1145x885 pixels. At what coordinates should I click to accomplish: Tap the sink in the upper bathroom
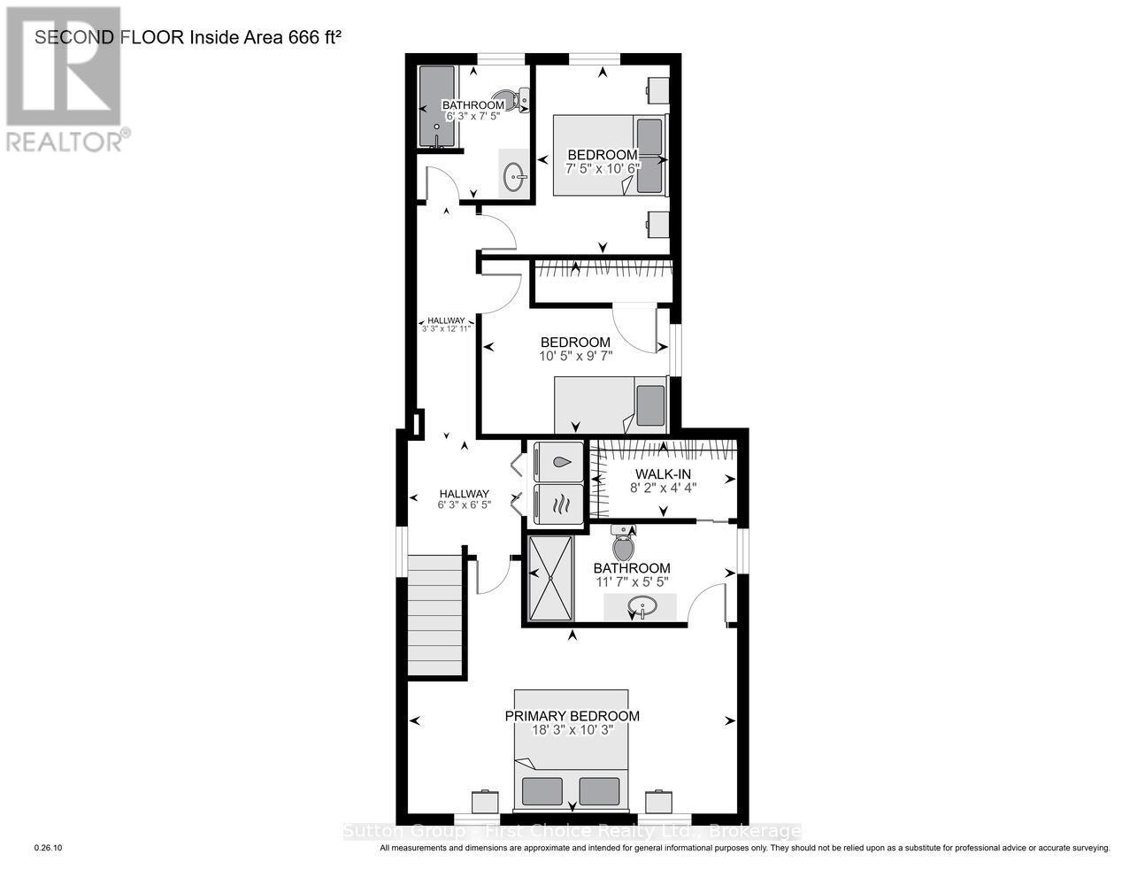[x=514, y=178]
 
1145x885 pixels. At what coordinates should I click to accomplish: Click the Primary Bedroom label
[x=572, y=716]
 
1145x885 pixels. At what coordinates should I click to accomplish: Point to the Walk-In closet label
[x=660, y=474]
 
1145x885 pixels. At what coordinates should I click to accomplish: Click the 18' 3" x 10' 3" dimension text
[x=572, y=730]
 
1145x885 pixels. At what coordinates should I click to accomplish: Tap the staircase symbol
[x=435, y=614]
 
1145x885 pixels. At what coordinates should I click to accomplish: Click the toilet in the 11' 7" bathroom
[x=624, y=543]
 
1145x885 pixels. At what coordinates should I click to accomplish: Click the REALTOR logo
[x=64, y=80]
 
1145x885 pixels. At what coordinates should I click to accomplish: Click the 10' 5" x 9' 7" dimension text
[x=575, y=356]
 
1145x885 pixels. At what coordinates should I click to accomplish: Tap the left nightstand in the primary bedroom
[x=485, y=802]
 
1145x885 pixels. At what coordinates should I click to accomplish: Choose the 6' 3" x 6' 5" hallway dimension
[x=464, y=505]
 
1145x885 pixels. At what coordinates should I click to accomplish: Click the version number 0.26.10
[x=48, y=848]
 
